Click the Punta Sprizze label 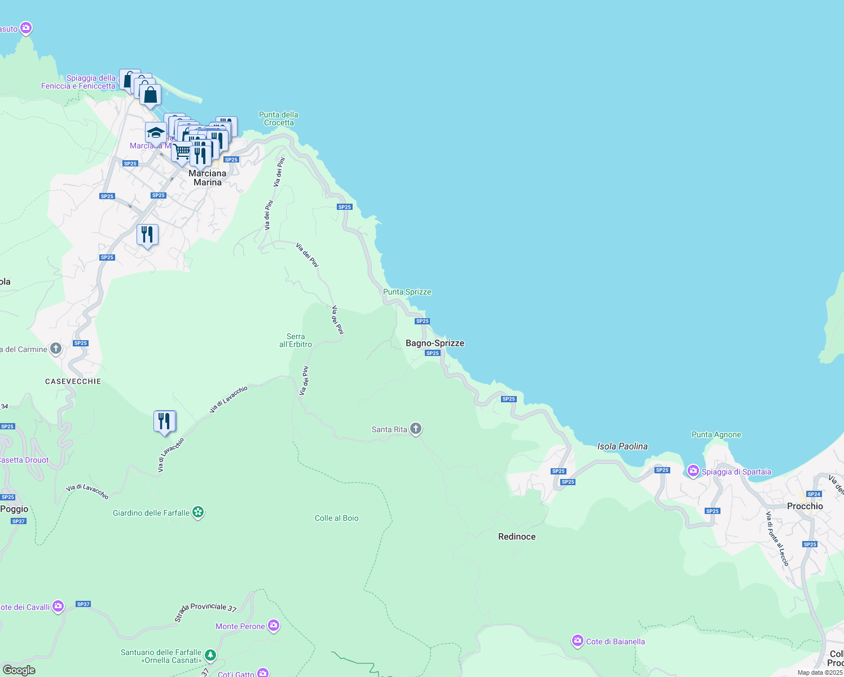point(407,292)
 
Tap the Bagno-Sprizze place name point(434,343)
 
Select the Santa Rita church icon point(416,429)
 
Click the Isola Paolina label point(622,446)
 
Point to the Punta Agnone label point(716,434)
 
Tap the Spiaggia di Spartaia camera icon point(693,471)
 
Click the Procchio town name point(805,506)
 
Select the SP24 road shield point(814,494)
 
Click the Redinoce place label point(517,537)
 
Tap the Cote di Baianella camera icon point(577,641)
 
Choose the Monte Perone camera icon point(274,625)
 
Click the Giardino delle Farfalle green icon point(198,512)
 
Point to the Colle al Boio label point(336,518)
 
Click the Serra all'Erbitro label point(296,340)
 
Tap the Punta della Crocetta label point(279,118)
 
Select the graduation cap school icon point(156,133)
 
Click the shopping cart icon point(182,151)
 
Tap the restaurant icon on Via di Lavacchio point(164,421)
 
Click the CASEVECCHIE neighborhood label point(73,381)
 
